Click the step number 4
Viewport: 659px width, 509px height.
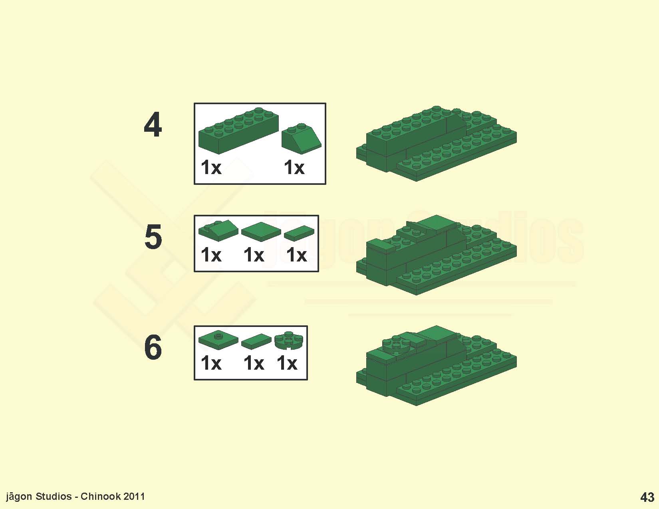[153, 124]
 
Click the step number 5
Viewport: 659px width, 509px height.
[153, 237]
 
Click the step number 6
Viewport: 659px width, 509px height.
[153, 347]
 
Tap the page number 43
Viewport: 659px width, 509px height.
[647, 497]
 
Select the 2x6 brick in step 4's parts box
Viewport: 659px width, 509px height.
[238, 131]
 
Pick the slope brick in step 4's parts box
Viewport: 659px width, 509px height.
[301, 139]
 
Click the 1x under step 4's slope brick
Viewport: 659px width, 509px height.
[294, 168]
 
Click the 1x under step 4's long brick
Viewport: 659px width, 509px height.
[211, 168]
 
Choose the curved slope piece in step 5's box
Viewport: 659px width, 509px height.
[218, 231]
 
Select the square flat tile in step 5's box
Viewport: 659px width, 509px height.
[261, 232]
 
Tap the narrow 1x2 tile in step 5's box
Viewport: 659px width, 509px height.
[299, 233]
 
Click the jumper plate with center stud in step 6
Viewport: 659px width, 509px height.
[218, 340]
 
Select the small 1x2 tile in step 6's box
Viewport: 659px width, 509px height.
[256, 342]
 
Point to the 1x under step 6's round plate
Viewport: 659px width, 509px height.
[287, 363]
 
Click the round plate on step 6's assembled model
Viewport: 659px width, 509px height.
[397, 344]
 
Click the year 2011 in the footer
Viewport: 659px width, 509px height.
[134, 497]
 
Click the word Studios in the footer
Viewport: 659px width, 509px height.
[54, 497]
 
